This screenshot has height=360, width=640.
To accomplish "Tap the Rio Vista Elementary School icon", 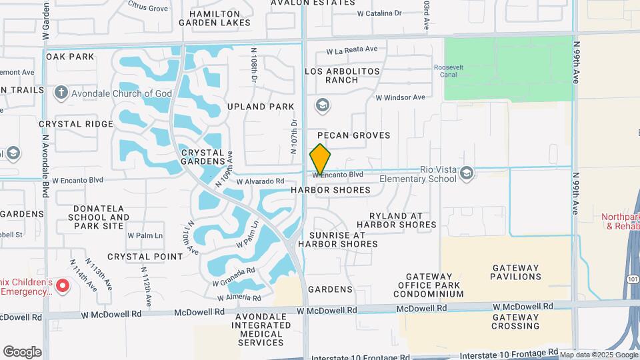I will click(467, 173).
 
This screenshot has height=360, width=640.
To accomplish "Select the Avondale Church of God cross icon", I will click(61, 93).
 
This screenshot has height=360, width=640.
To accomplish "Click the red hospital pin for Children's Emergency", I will click(63, 287).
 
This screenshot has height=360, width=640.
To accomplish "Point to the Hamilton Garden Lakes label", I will click(215, 18).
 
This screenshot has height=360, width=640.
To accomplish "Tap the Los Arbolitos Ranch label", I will click(342, 75).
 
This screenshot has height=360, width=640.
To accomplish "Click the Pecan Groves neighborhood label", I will click(358, 135).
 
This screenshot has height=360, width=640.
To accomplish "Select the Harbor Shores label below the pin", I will click(331, 190).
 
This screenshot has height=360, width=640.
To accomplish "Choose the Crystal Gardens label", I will click(203, 157).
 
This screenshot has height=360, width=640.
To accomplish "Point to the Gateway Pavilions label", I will click(516, 271).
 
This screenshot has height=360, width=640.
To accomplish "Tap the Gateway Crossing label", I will click(515, 321).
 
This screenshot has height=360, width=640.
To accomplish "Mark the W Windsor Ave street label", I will click(400, 97).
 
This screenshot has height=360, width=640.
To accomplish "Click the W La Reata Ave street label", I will click(352, 49).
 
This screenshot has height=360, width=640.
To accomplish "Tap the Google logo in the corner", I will click(22, 351).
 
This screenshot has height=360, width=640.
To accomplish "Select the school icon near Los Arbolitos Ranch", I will click(323, 105).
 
